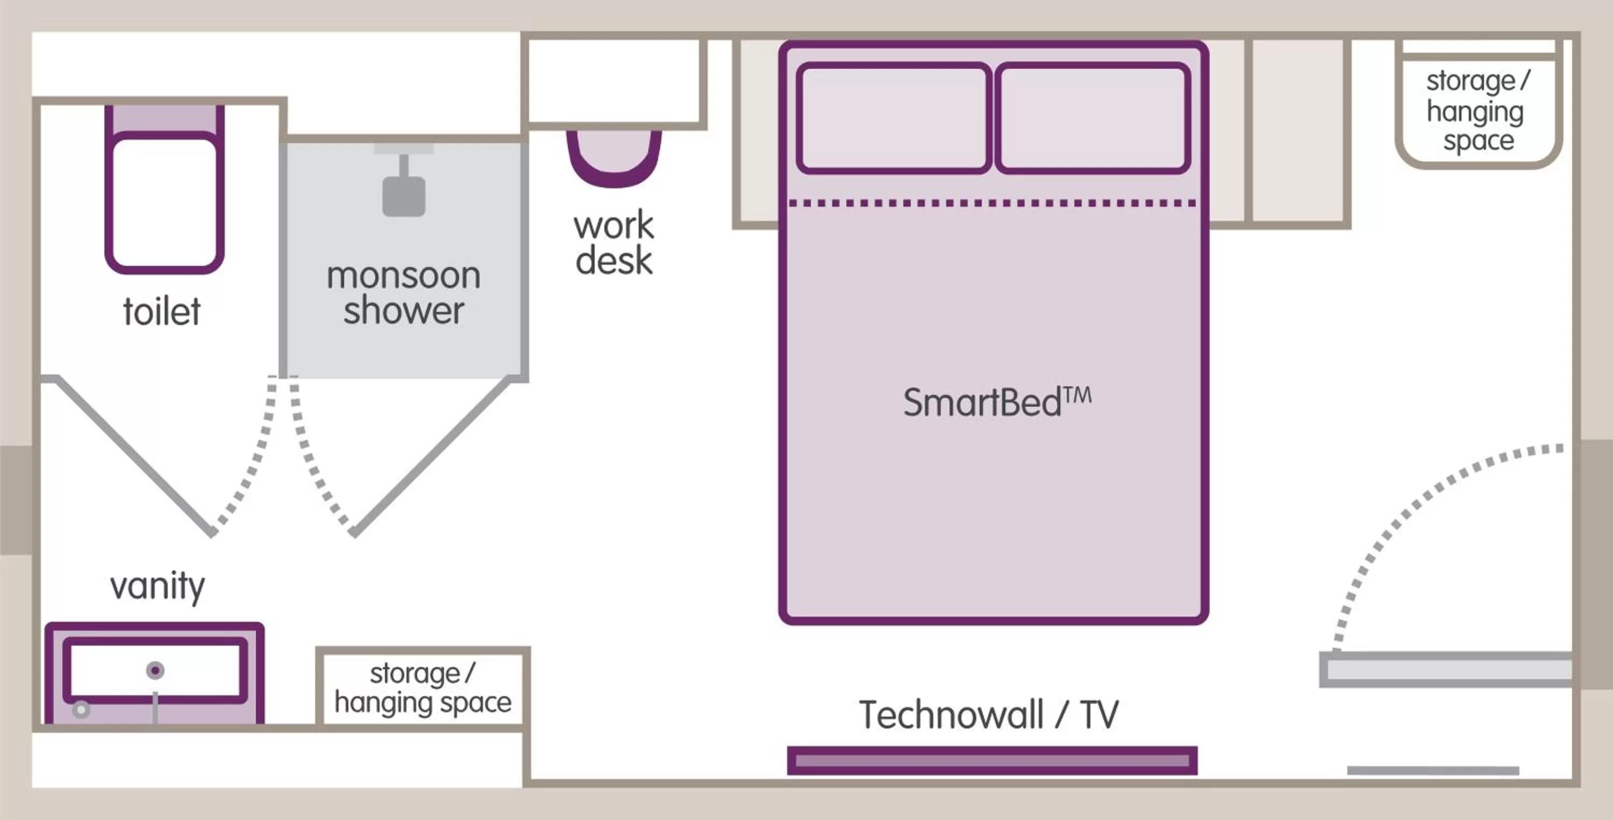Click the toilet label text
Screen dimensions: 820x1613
(x=161, y=312)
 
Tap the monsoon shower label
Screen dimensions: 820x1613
(x=404, y=293)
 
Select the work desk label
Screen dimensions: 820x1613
(x=613, y=243)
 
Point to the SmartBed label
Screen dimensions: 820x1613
(x=997, y=402)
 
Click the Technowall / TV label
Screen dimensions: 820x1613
(x=989, y=715)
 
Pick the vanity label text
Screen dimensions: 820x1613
(x=157, y=586)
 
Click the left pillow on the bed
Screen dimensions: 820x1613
(x=894, y=118)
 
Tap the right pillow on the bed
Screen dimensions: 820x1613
(x=1093, y=118)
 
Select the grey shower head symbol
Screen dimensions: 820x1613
(x=404, y=195)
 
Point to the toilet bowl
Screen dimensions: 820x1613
(x=164, y=202)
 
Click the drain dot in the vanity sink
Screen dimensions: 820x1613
(x=155, y=670)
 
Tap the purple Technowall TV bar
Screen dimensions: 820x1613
(x=992, y=760)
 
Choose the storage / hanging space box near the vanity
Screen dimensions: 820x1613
(x=423, y=688)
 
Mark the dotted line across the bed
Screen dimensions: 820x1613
(x=993, y=203)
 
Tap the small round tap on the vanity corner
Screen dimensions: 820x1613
(x=81, y=710)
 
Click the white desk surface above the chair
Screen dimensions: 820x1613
(x=613, y=81)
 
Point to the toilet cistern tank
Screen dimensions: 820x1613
(x=164, y=118)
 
